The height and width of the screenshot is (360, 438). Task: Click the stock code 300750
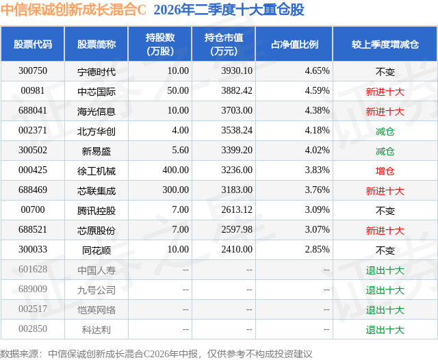pos(33,71)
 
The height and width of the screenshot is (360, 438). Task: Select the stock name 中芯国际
pos(96,92)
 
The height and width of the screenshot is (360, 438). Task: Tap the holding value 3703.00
pos(237,111)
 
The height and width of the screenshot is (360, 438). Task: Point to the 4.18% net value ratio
pos(317,131)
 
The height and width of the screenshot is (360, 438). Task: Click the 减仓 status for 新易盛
pos(385,151)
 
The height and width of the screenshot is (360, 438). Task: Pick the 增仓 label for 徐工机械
pos(385,171)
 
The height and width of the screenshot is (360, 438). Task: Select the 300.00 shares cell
pos(176,190)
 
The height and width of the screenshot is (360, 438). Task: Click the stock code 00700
pos(33,209)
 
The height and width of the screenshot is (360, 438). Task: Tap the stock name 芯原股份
pos(96,231)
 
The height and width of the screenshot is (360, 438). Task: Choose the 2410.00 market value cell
pos(237,249)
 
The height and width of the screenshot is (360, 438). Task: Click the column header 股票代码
pos(33,44)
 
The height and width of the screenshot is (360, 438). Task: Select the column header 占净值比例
pos(294,44)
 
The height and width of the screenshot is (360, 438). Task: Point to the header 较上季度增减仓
pos(385,44)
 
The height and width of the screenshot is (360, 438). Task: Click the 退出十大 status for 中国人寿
pos(385,270)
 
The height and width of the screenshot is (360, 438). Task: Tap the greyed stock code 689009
pos(33,289)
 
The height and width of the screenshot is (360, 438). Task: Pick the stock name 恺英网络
pos(96,310)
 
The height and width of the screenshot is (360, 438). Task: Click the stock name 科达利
pos(96,330)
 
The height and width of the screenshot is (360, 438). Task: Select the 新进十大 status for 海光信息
pos(385,112)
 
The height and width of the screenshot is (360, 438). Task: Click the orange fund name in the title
pos(73,10)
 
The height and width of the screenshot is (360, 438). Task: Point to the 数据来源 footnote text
pos(156,354)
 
